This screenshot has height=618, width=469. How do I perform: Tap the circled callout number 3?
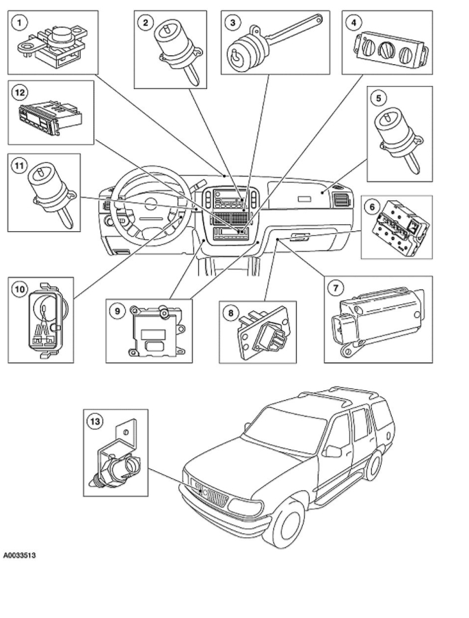pos(233,23)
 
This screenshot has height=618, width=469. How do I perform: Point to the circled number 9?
pos(118,311)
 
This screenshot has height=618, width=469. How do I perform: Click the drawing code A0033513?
pos(19,555)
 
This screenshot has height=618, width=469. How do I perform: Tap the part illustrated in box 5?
pos(399,133)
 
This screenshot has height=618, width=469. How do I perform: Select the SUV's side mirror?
pos(333,451)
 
